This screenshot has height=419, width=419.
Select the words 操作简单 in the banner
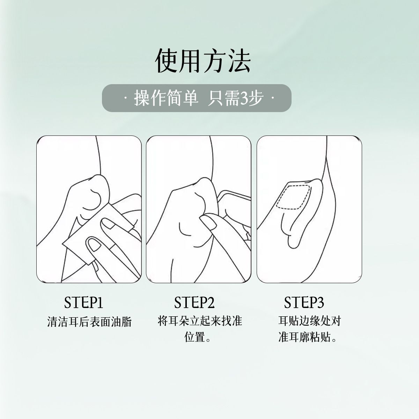pyautogui.click(x=166, y=98)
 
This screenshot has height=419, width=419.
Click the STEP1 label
pyautogui.click(x=83, y=302)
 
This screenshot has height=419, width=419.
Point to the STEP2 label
pyautogui.click(x=194, y=302)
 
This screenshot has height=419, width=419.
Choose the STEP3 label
pyautogui.click(x=304, y=302)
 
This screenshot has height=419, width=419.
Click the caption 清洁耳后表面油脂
pyautogui.click(x=89, y=322)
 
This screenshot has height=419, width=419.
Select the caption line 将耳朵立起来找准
pyautogui.click(x=200, y=321)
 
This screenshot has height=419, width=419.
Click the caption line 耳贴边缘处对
pyautogui.click(x=310, y=321)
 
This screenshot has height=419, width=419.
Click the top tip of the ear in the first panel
pyautogui.click(x=98, y=175)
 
